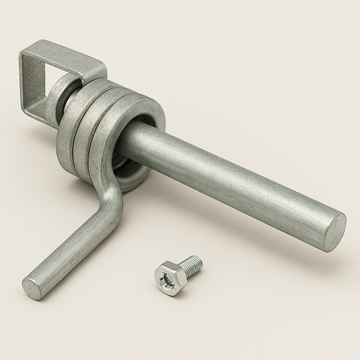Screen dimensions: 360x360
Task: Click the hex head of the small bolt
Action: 167,276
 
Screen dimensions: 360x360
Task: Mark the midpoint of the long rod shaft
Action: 230,180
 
